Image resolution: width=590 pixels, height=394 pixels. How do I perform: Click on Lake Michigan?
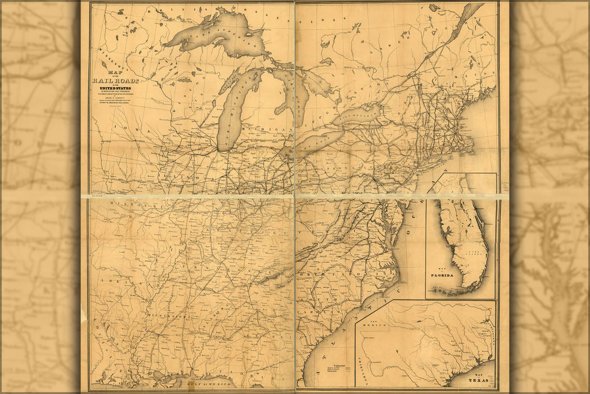[231, 113]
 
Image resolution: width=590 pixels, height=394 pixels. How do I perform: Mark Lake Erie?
[318, 144]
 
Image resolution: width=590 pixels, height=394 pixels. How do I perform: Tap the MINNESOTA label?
[110, 56]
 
